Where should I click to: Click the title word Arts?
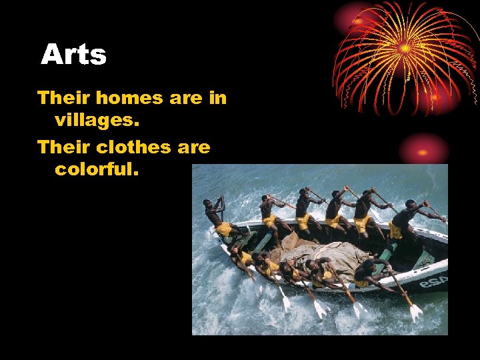(73, 55)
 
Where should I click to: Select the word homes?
(129, 98)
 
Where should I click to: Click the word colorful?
(97, 169)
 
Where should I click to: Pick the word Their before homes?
(64, 98)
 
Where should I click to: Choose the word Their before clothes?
(64, 147)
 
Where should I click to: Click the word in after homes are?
(217, 98)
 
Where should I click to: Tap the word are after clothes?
(193, 147)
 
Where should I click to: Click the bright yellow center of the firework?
(405, 48)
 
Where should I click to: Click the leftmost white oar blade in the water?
(285, 303)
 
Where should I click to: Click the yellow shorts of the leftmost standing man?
(224, 229)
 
